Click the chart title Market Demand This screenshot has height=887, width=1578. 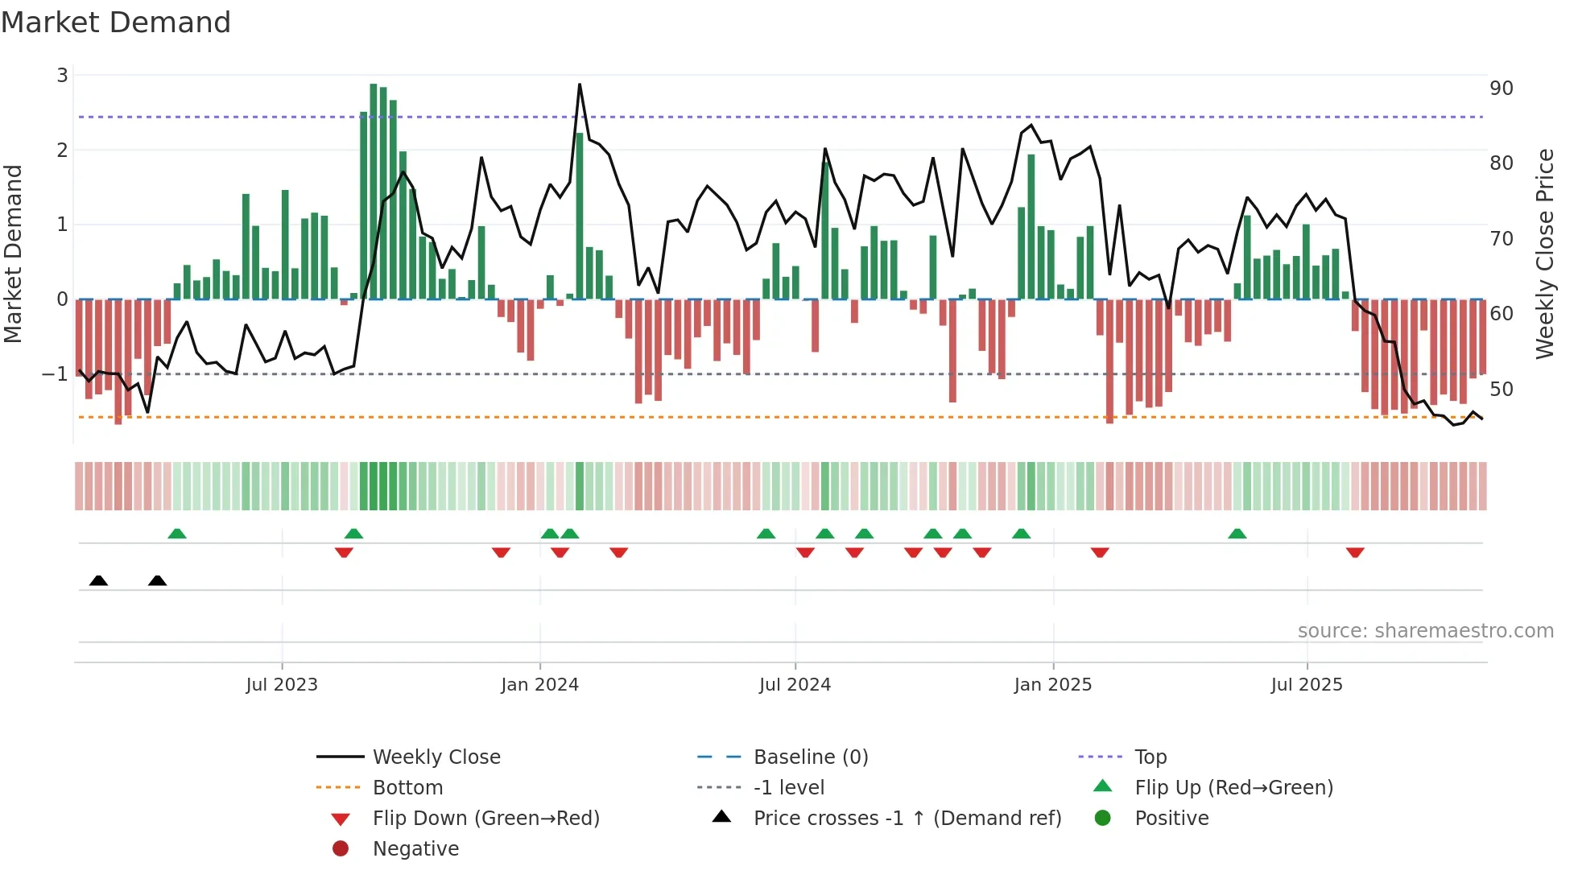(116, 23)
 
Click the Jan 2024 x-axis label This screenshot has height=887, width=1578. (539, 685)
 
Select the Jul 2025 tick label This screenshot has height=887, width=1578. (1307, 685)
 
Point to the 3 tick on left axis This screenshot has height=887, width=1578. (62, 76)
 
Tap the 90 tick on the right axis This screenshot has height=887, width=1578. (1502, 89)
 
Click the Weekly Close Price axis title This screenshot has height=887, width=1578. (1544, 254)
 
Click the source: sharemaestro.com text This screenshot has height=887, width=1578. (1425, 631)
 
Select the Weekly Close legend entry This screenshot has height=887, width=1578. (436, 757)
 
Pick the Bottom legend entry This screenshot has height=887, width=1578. (407, 788)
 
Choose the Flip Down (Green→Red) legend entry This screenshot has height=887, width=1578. (485, 819)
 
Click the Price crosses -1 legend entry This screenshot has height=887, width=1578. (907, 819)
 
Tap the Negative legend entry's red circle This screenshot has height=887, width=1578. (341, 849)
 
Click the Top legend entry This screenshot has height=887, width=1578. (1150, 757)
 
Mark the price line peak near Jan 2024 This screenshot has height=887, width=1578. (580, 85)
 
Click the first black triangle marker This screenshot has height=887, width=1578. (98, 580)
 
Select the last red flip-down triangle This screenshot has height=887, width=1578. (1355, 552)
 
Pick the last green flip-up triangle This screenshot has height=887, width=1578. (1237, 534)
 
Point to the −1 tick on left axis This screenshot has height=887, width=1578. (55, 374)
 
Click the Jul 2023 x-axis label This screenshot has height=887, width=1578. (282, 685)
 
